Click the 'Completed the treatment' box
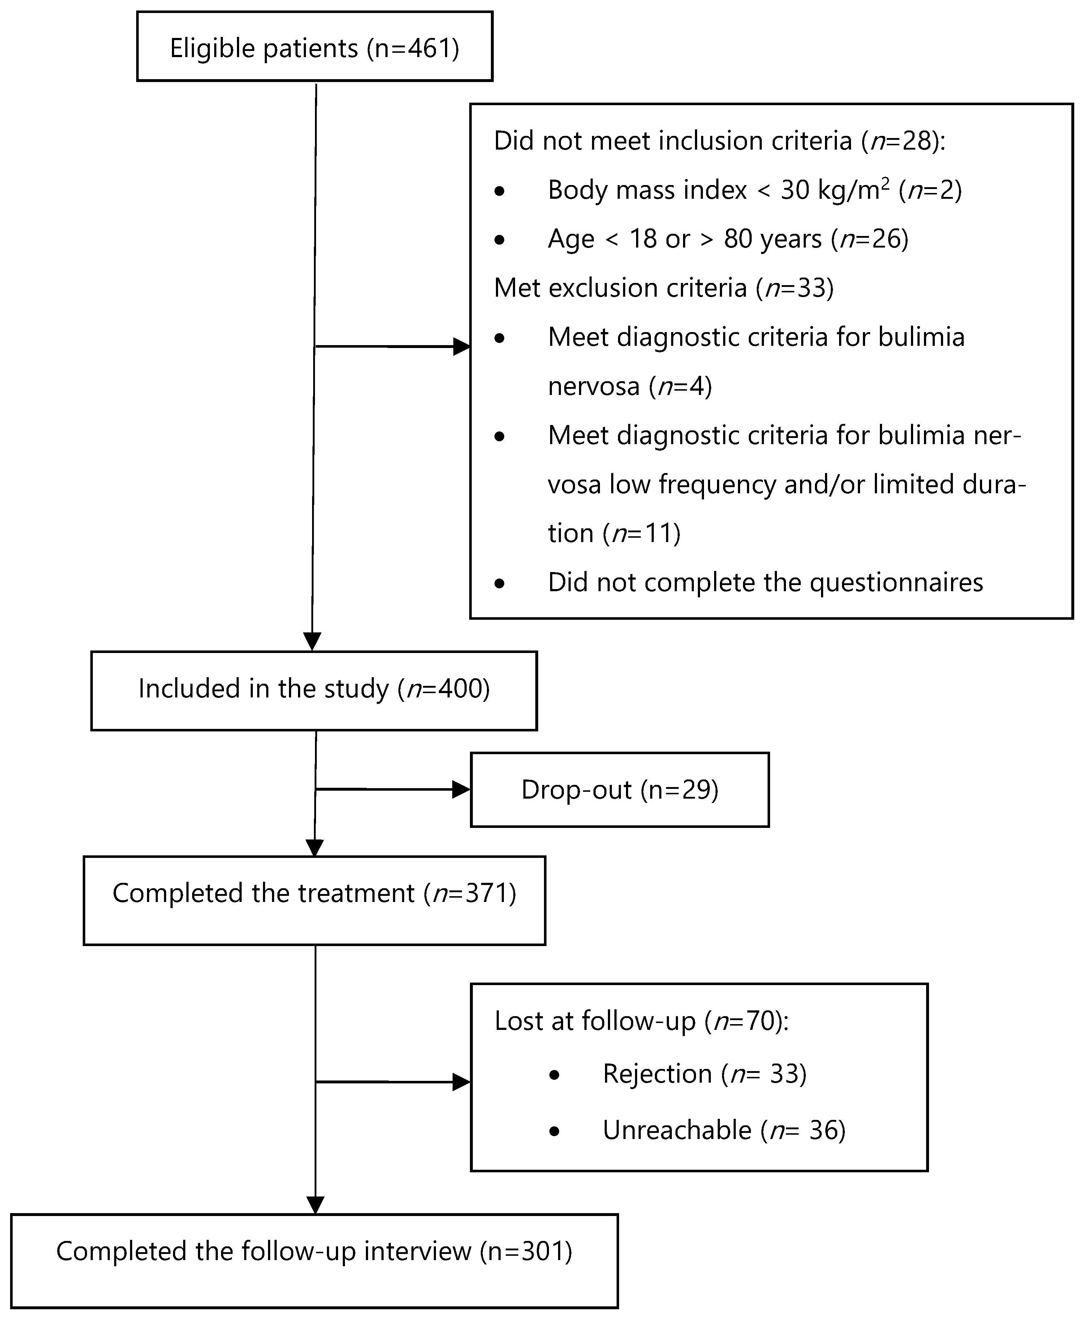tap(314, 900)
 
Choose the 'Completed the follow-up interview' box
tap(314, 1260)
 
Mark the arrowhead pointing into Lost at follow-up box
tap(461, 1082)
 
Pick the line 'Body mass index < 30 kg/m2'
tap(754, 190)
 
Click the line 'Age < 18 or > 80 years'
tap(728, 239)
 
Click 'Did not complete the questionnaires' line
tap(765, 583)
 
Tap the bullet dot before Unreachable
tap(555, 1132)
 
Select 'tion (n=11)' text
tap(614, 533)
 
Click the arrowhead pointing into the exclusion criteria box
tap(461, 347)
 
